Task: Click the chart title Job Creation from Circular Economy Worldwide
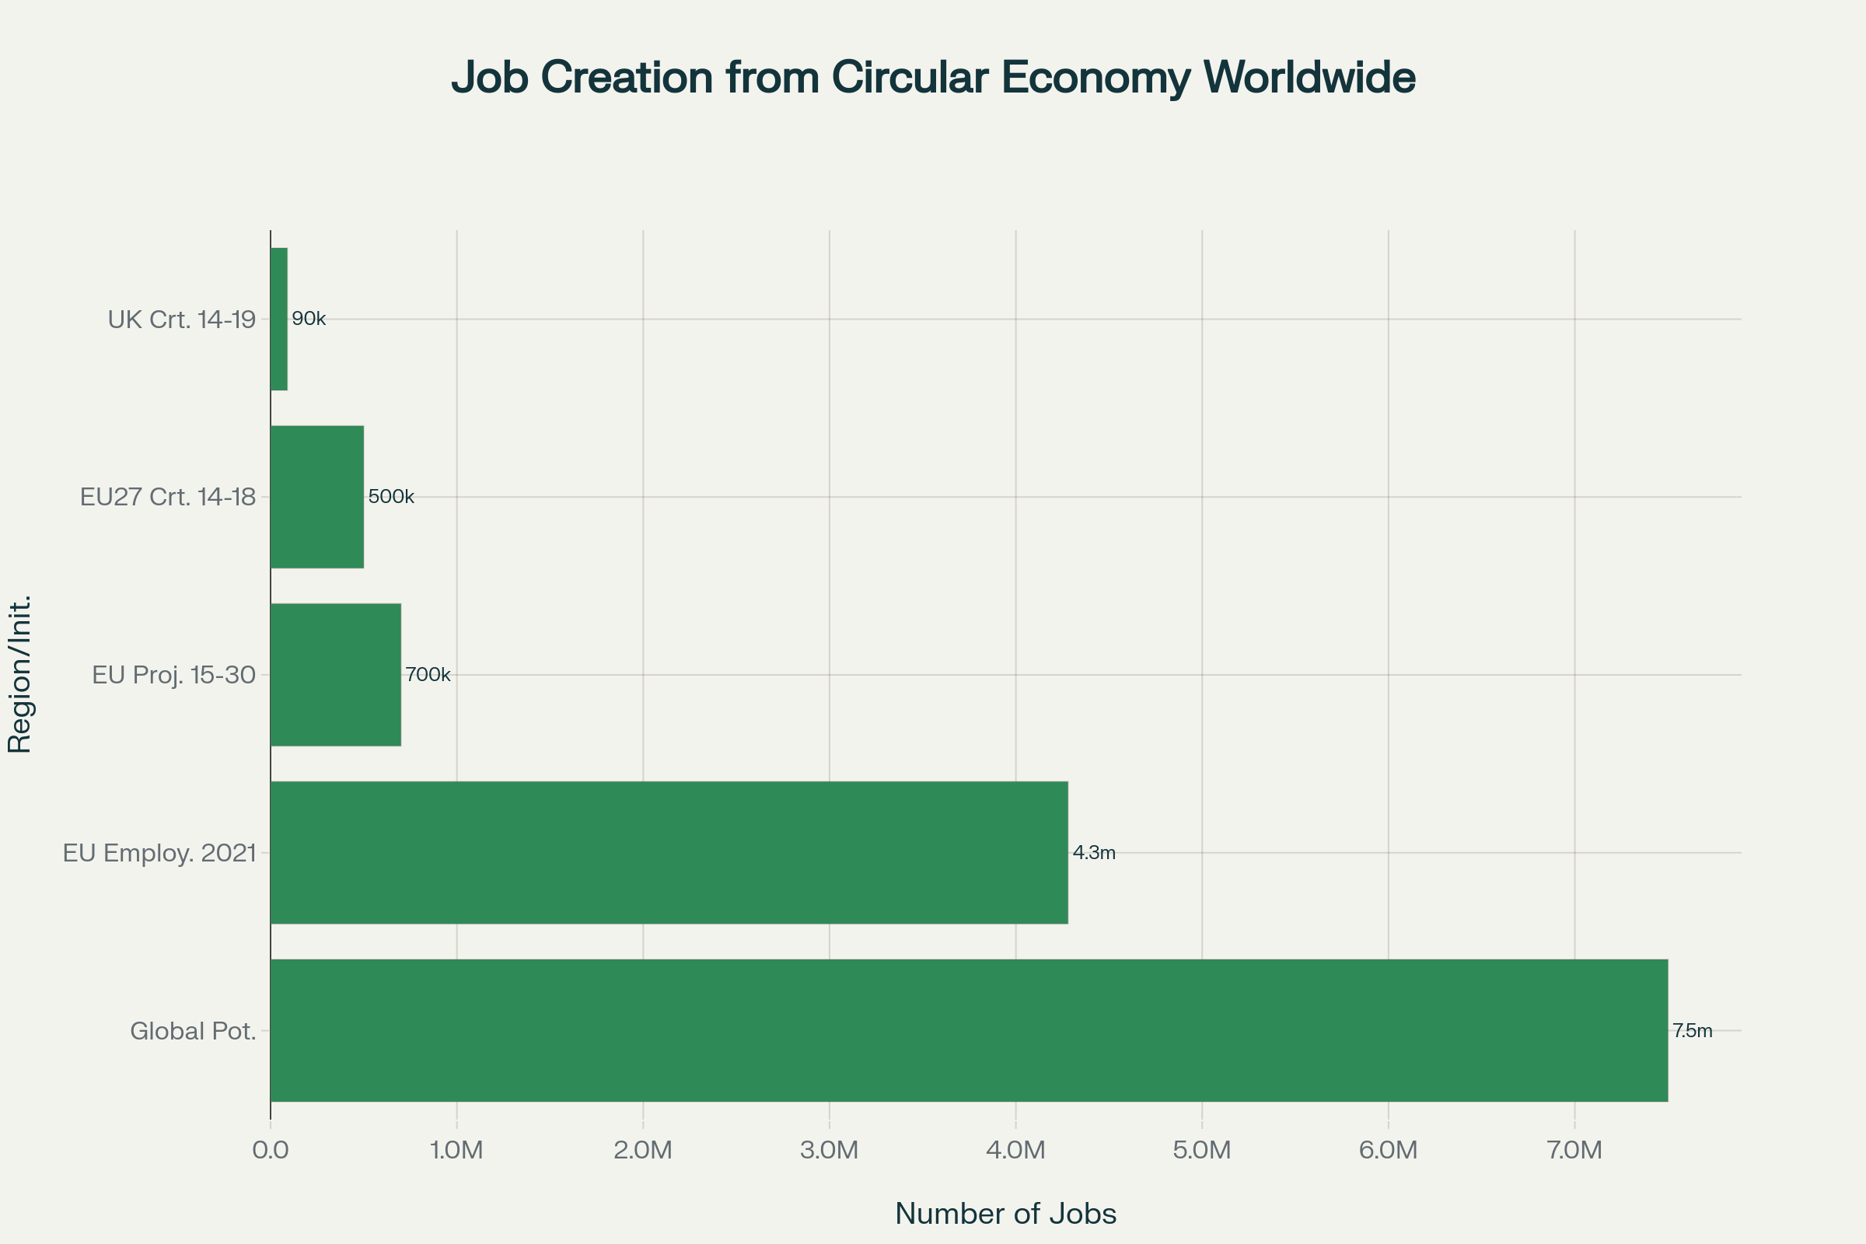[933, 78]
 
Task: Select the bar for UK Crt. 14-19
[278, 319]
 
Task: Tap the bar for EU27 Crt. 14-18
[317, 497]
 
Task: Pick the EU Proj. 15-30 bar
[336, 674]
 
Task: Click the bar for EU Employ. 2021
[669, 852]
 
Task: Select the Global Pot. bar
[969, 1031]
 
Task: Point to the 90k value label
[309, 319]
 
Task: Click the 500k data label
[391, 497]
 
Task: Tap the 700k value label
[428, 674]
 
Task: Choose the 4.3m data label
[1094, 853]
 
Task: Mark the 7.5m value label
[1693, 1032]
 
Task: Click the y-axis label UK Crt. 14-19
[182, 320]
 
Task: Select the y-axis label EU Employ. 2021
[159, 854]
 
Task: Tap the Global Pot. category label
[193, 1032]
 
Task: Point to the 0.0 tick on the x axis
[271, 1151]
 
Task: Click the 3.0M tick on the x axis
[829, 1151]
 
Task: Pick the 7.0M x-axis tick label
[1575, 1151]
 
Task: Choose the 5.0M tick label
[1202, 1151]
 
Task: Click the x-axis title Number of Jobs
[1005, 1214]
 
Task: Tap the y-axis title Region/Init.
[19, 673]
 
